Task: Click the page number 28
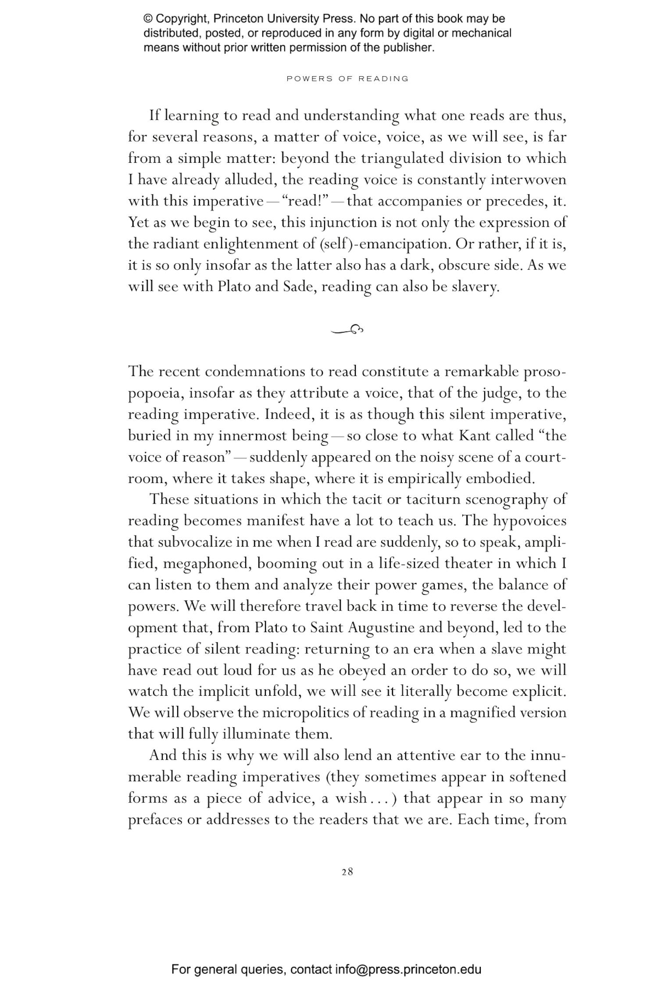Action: tap(347, 872)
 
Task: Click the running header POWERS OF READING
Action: tap(347, 79)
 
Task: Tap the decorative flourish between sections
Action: tap(347, 329)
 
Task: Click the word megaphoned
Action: tap(207, 563)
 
